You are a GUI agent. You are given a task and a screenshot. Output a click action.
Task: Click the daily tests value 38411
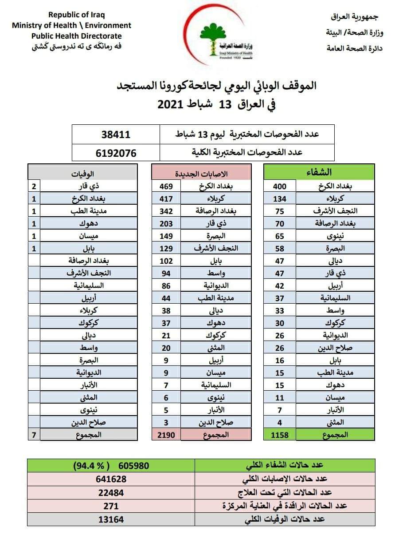click(116, 134)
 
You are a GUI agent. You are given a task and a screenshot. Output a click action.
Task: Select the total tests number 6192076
click(116, 153)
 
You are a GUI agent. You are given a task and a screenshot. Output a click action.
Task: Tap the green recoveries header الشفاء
click(319, 172)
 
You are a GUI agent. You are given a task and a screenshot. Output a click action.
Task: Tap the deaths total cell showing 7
click(34, 435)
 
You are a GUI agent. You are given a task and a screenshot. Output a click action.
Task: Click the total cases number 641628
click(111, 479)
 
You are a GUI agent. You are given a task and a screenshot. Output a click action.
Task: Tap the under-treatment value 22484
click(111, 492)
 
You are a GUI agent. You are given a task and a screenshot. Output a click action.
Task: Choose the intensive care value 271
click(111, 506)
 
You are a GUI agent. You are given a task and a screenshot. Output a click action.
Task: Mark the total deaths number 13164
click(111, 519)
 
